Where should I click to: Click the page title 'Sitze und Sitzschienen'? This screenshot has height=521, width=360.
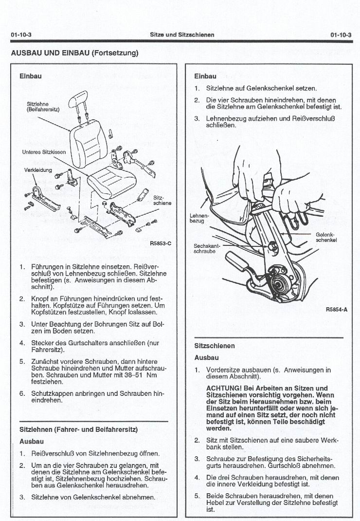[182, 35]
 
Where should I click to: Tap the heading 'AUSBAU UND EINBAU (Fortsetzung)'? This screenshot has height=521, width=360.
[75, 53]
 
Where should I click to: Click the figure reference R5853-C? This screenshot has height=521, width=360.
[161, 243]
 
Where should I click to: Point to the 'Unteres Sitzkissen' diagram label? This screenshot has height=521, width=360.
[44, 151]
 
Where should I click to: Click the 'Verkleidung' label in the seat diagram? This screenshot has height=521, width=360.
[38, 170]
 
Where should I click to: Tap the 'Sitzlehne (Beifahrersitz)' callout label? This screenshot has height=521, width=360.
[43, 107]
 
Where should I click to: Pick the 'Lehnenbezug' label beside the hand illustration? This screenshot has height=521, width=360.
[199, 218]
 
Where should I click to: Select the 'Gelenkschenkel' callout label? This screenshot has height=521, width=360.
[326, 237]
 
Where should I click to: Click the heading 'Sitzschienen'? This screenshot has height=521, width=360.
[215, 346]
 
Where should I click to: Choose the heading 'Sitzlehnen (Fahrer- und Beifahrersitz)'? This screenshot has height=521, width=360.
[78, 429]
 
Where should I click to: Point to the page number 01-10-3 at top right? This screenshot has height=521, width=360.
[341, 35]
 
